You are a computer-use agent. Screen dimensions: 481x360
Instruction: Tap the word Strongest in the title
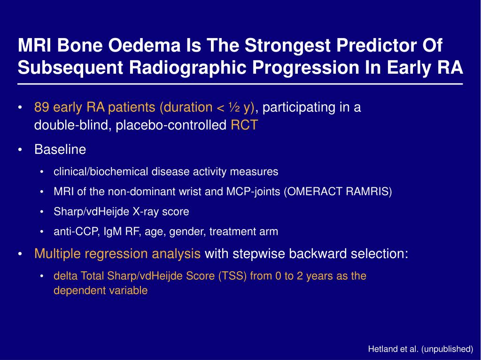288,46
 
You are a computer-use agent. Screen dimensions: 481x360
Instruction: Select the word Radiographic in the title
188,68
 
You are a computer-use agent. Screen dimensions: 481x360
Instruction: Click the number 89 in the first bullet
41,107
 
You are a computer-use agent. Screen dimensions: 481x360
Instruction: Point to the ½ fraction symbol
234,107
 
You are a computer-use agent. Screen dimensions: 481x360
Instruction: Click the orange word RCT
244,125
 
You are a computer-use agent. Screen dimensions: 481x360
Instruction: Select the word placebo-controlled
171,125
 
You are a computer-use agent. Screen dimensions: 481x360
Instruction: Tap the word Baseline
60,149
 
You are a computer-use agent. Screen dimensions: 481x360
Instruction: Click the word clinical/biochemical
101,171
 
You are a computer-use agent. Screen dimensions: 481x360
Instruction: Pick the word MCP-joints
253,191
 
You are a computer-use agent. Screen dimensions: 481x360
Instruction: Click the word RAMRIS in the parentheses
369,191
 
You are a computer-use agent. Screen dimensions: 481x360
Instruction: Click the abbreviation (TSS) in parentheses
233,276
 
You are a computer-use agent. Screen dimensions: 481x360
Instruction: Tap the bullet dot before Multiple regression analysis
20,254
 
